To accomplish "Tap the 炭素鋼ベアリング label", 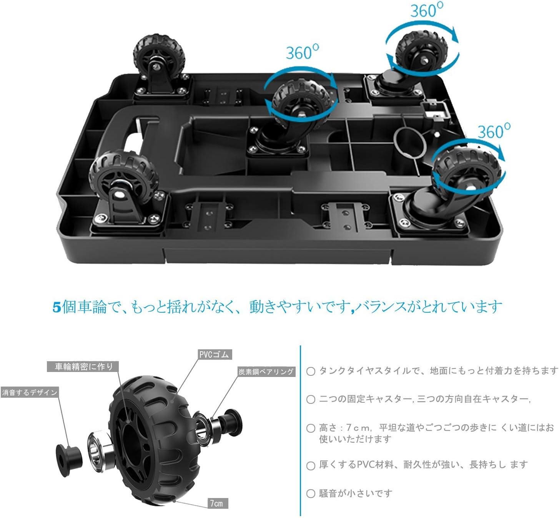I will tap(266, 372).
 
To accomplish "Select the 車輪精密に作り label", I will tap(83, 367).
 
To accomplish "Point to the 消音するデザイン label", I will tap(30, 392).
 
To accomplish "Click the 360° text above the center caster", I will tap(302, 52).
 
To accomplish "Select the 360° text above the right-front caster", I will tap(494, 131).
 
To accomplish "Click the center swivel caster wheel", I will tap(301, 100).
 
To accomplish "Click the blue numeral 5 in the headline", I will tap(57, 307).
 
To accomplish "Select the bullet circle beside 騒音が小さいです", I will tap(311, 493).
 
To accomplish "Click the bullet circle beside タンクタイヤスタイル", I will tap(311, 371).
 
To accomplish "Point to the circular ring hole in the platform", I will tap(409, 142).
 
